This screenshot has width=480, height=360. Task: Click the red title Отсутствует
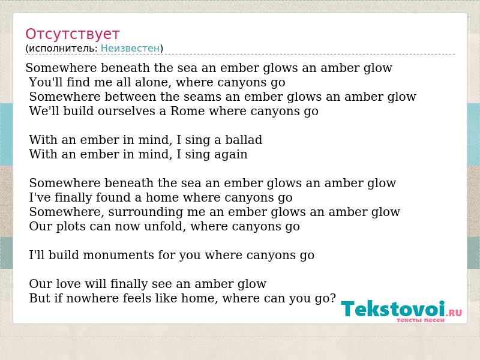pos(72,34)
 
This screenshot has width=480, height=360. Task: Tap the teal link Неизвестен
pos(130,49)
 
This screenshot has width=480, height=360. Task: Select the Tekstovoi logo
pos(401,310)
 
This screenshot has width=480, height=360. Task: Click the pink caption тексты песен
pos(421,320)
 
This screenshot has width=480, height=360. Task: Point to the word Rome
pos(187,111)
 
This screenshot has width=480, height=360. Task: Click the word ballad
pos(244,140)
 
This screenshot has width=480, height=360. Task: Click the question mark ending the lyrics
pos(333,298)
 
